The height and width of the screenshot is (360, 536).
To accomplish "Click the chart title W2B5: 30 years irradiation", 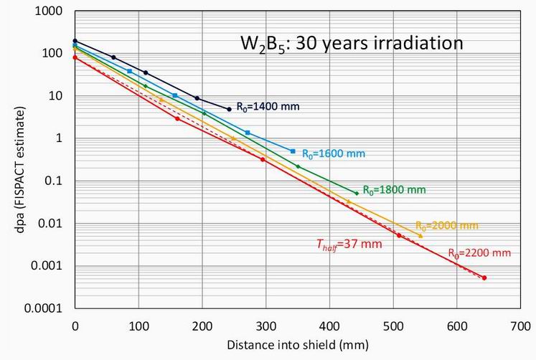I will point(351,42).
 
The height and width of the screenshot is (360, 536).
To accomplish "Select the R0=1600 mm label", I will point(335,153).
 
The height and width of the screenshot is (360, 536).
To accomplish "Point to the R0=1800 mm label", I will point(394,190).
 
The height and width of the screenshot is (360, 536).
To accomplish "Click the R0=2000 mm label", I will point(446,225).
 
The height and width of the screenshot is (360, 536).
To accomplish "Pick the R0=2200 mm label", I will point(479,252).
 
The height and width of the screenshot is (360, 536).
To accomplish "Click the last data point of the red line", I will point(484,278).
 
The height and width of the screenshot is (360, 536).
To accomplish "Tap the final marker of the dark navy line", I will point(229,109).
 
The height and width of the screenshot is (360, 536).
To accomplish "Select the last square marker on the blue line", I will point(292,151).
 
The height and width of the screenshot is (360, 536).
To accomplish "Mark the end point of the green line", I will point(356,193).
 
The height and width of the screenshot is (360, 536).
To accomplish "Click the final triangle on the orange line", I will point(420,235).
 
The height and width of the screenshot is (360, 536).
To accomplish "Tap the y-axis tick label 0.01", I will point(54,224).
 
